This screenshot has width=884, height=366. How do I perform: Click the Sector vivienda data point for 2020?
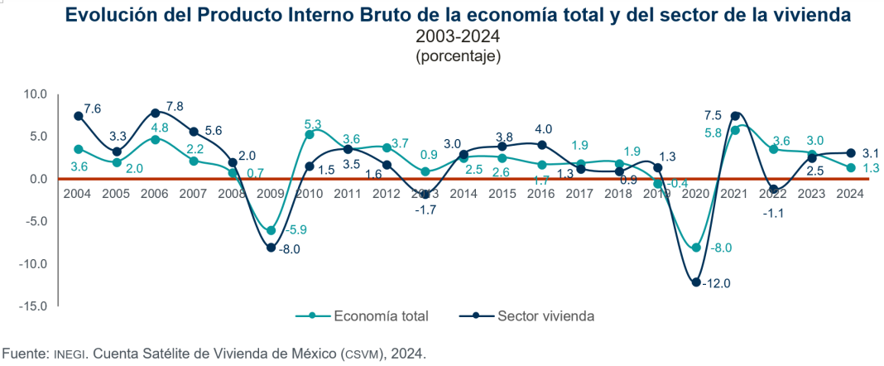pyautogui.click(x=696, y=282)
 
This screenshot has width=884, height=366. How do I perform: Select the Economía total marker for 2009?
pyautogui.click(x=271, y=230)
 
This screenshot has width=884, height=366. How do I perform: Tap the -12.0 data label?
pyautogui.click(x=717, y=283)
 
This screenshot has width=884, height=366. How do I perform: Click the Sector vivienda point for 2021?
pyautogui.click(x=735, y=115)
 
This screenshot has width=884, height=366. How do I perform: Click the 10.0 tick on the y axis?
pyautogui.click(x=36, y=94)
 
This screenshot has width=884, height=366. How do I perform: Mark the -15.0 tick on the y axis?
pyautogui.click(x=34, y=306)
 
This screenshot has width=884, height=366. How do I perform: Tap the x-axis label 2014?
pyautogui.click(x=464, y=193)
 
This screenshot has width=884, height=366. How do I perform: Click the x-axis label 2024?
pyautogui.click(x=850, y=193)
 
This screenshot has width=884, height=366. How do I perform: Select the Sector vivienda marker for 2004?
pyautogui.click(x=78, y=116)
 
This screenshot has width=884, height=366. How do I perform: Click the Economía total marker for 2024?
pyautogui.click(x=851, y=168)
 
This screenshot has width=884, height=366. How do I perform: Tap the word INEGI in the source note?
pyautogui.click(x=70, y=354)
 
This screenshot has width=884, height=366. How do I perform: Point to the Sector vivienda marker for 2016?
pyautogui.click(x=542, y=145)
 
